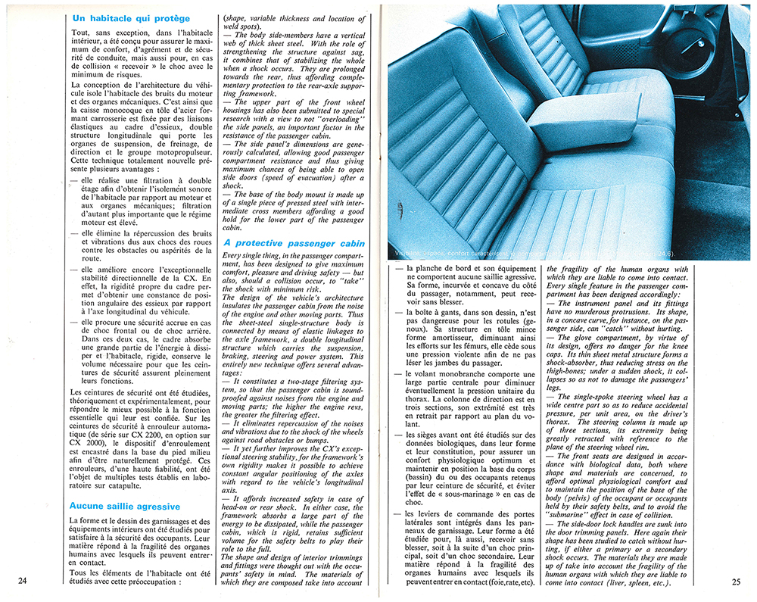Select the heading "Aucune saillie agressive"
pos(125,505)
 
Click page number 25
pos(736,581)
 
